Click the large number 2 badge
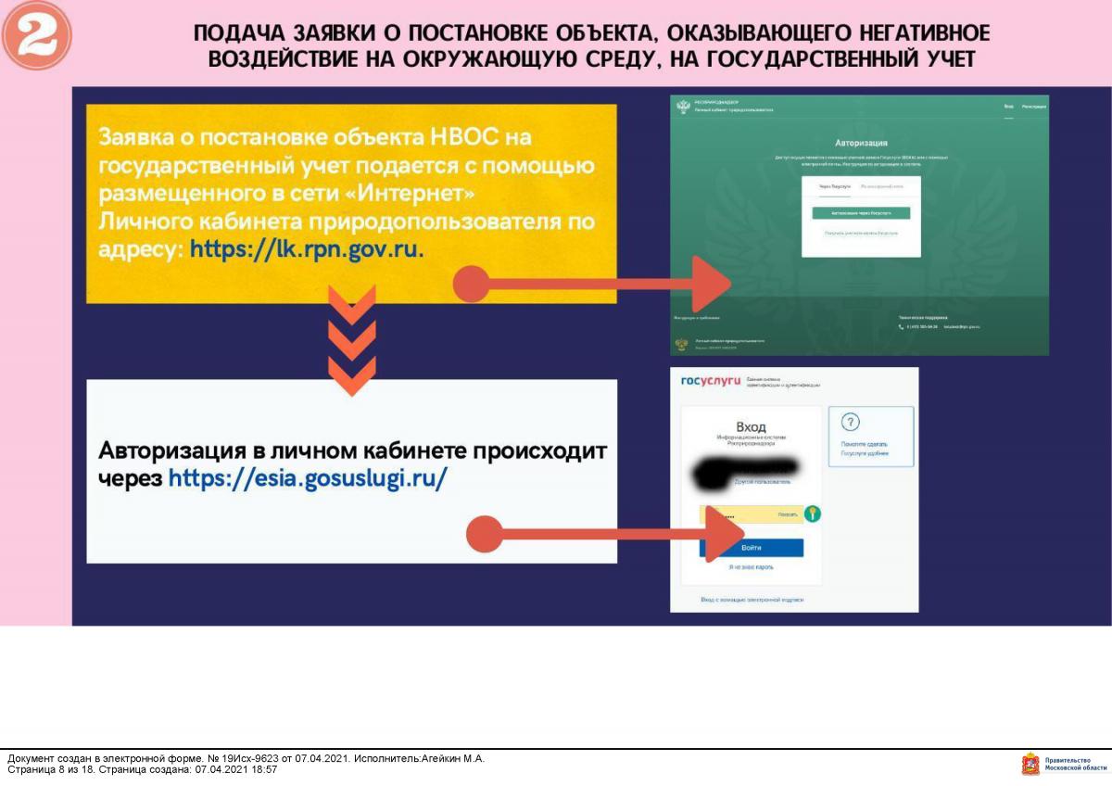click(x=37, y=35)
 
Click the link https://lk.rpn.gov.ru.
click(x=307, y=248)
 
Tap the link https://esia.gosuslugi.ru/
click(x=308, y=478)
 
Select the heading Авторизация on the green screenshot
click(x=861, y=144)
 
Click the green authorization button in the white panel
click(x=861, y=213)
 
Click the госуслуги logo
click(x=711, y=382)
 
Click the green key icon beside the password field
click(x=813, y=513)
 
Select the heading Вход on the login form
click(x=751, y=425)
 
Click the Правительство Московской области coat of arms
click(x=1030, y=764)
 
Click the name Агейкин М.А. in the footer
click(x=453, y=758)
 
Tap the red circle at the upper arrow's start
click(x=471, y=284)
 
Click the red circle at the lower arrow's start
click(x=484, y=534)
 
